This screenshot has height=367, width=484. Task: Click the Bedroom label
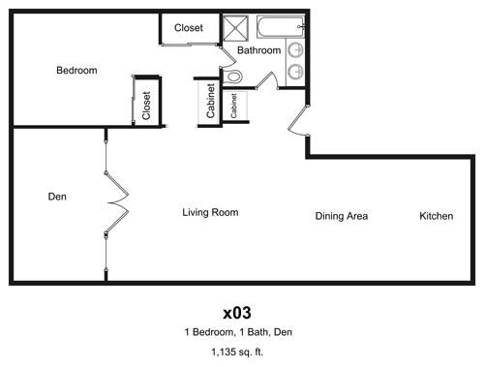click(76, 71)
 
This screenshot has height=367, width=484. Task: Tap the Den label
click(57, 197)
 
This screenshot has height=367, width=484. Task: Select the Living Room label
click(210, 212)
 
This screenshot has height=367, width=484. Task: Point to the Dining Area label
click(342, 216)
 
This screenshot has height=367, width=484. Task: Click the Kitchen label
click(437, 216)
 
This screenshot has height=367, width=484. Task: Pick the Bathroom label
click(259, 50)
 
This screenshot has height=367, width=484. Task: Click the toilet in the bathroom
click(233, 76)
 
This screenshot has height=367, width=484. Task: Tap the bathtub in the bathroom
click(281, 27)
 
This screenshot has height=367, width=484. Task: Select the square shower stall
click(236, 28)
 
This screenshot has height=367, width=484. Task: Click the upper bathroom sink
click(295, 50)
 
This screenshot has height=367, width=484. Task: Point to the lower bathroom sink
click(295, 72)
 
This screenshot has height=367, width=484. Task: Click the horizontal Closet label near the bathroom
click(189, 28)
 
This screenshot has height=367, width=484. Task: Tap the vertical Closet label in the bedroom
click(146, 106)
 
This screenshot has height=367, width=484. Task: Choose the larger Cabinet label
click(210, 101)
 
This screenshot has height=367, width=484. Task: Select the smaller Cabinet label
click(233, 106)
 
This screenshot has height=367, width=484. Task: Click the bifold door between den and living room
click(117, 202)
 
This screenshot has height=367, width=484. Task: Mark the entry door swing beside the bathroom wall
click(297, 120)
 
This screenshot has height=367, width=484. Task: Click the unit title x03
click(237, 313)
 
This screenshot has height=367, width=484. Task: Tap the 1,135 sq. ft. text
click(237, 352)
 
